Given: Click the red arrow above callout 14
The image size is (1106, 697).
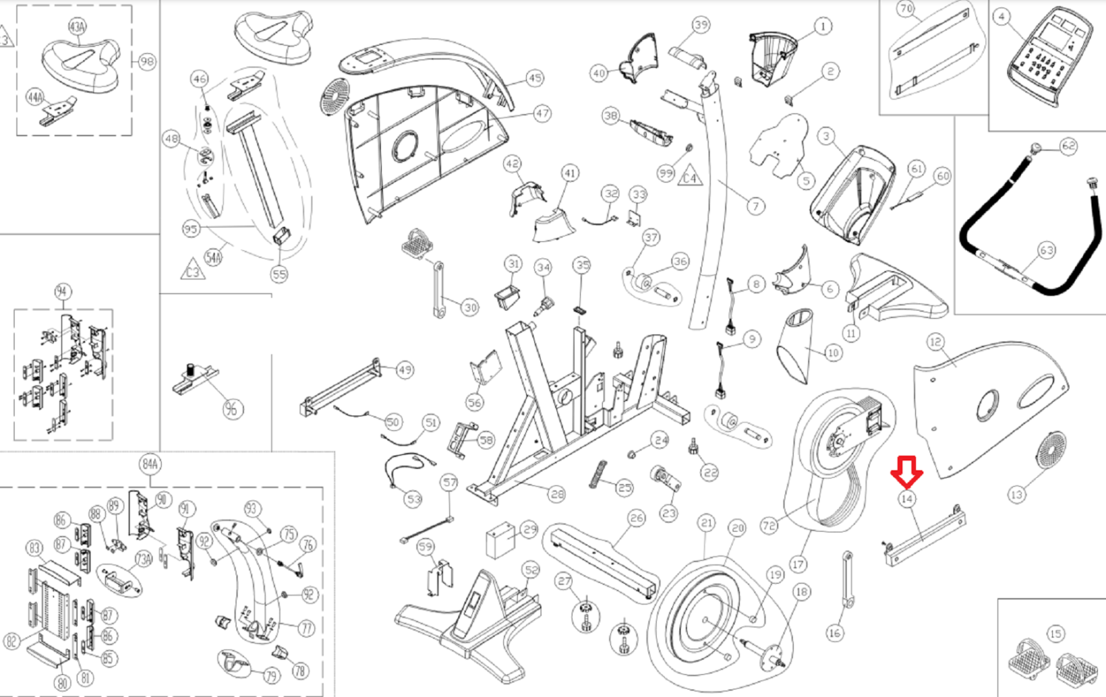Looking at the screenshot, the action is coord(906,471).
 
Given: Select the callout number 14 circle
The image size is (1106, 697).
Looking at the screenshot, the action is coord(907,499).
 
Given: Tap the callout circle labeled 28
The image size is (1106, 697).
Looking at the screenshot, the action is coord(557,494).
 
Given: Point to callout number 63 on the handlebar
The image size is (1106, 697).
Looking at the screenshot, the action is coord(1047,250).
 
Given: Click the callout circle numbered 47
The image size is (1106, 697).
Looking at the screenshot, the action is coord(542,113).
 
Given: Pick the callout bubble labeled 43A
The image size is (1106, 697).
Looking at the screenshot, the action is coord(77,27).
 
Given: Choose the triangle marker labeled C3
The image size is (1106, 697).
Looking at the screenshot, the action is coord(193,270).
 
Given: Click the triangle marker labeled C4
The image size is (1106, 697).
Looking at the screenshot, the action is coord(690,177).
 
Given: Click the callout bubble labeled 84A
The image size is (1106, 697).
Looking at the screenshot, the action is coord(150,463).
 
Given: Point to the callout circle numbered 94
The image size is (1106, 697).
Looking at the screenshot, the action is coord(62,291).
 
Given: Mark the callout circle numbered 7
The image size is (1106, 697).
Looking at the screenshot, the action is coord(756,205).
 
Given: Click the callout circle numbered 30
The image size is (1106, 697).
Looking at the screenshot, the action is coord(470,308).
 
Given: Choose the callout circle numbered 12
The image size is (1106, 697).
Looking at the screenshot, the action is coord(935,342).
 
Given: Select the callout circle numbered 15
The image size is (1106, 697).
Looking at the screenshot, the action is coord(1055,634).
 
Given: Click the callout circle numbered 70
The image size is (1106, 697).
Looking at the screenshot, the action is coord(906,9).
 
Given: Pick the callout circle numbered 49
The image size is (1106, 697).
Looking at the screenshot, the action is coord(405,370).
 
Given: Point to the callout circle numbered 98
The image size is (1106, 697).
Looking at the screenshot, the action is coord(147,62).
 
